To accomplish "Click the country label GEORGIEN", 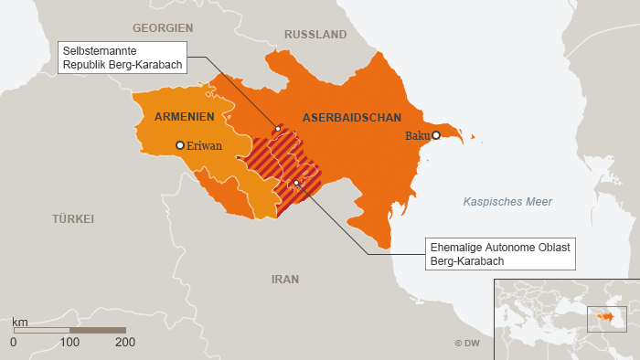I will click(163, 28).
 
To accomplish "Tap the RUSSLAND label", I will click(315, 35).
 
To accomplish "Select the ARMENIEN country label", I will click(184, 117).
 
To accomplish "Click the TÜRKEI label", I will click(73, 219).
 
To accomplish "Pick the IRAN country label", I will click(285, 279).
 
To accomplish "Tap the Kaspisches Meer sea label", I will click(507, 202).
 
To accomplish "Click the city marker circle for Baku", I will click(436, 135).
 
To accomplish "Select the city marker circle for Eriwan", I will click(180, 144).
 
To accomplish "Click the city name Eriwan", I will click(204, 145).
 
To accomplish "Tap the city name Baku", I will click(417, 135).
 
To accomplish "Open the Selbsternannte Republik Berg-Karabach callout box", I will click(123, 58).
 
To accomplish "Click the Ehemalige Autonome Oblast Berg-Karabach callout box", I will click(500, 254).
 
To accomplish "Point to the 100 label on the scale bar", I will click(69, 343).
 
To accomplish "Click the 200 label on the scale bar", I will click(125, 343).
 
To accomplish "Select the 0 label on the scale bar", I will click(13, 343).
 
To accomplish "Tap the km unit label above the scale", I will click(19, 323).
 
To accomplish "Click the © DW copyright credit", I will click(466, 344).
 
